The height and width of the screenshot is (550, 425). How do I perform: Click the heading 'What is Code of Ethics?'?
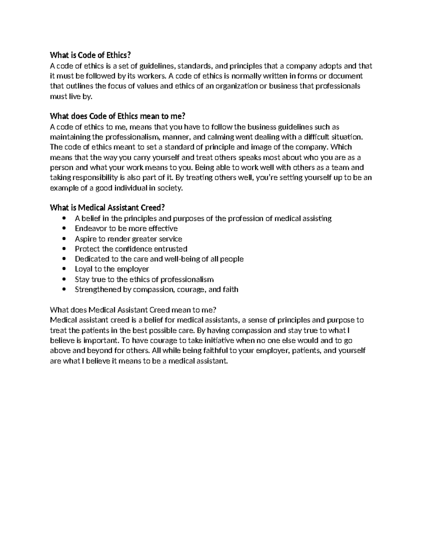coord(90,55)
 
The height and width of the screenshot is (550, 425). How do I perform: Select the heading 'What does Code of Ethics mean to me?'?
coord(118,116)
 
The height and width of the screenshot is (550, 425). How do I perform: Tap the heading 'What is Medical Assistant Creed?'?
coord(107,208)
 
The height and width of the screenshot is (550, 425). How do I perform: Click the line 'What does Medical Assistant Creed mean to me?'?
coord(133,310)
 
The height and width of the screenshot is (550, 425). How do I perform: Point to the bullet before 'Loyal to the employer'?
coord(64,269)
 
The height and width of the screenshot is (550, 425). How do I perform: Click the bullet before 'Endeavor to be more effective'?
coord(64,228)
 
